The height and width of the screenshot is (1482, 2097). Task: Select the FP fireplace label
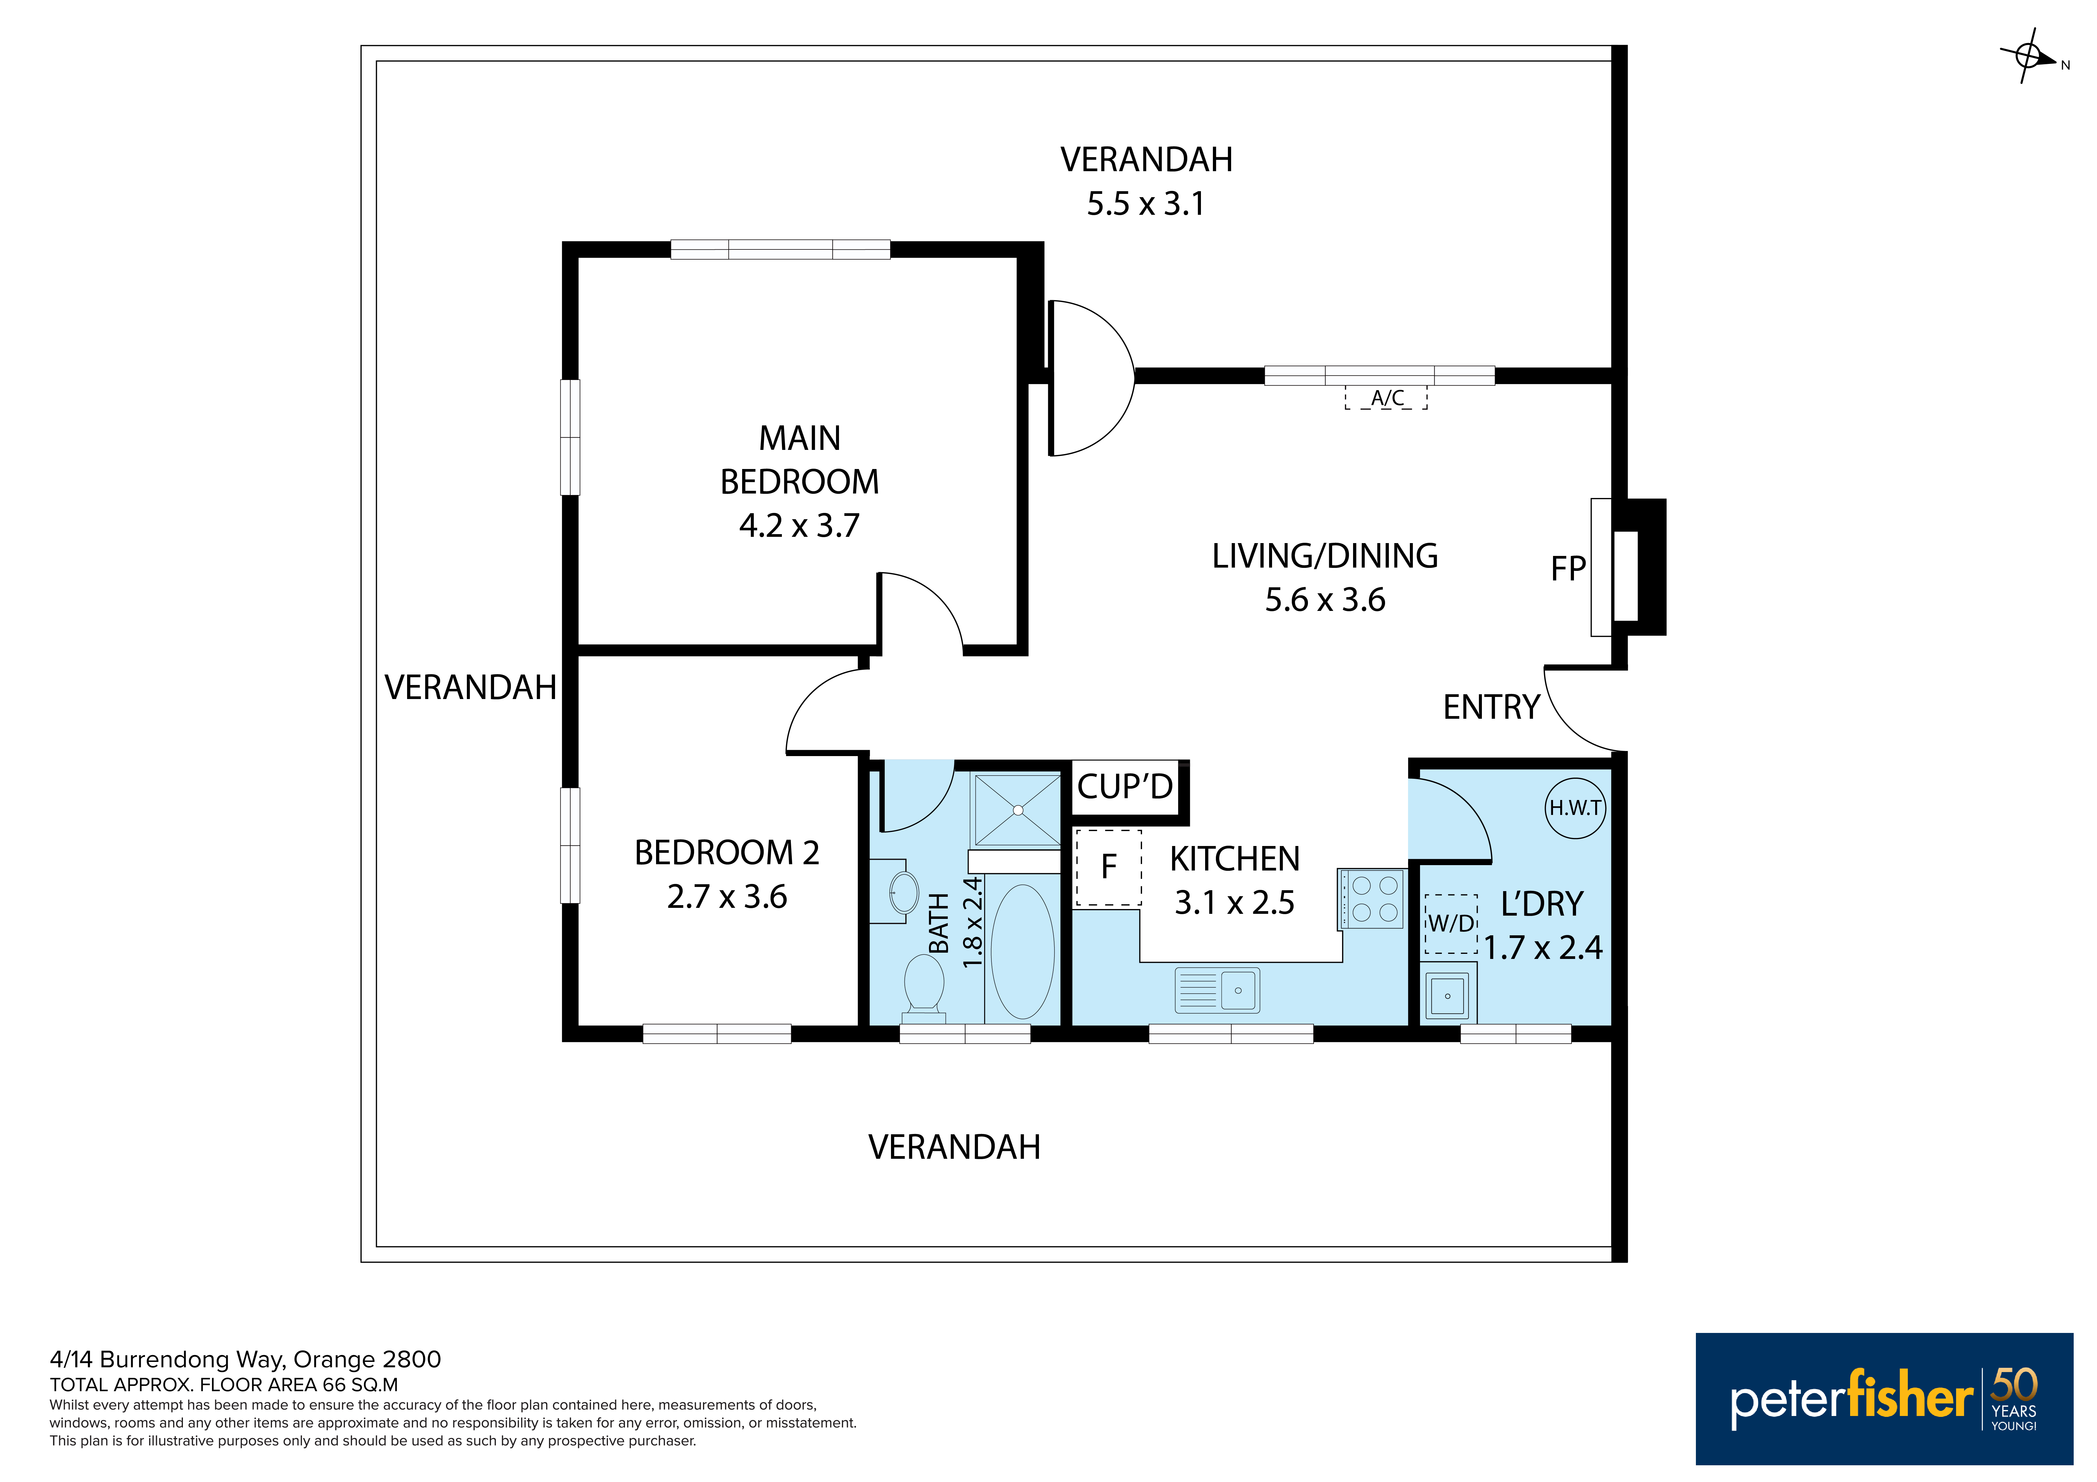coord(1568,569)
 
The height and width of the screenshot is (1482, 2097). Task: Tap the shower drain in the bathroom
coord(1017,810)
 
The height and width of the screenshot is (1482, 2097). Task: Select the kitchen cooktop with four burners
coord(1371,899)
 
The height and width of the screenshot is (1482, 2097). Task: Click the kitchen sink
coord(1218,990)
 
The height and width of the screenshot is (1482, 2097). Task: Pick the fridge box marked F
coord(1109,868)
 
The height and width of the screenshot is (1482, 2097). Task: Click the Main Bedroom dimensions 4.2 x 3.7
coord(799,526)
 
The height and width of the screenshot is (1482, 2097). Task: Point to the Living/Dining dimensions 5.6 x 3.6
coord(1325,600)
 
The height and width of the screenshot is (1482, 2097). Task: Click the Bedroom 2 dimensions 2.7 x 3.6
coord(727,897)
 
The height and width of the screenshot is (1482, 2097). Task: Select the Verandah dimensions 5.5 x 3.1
coord(1145,204)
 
